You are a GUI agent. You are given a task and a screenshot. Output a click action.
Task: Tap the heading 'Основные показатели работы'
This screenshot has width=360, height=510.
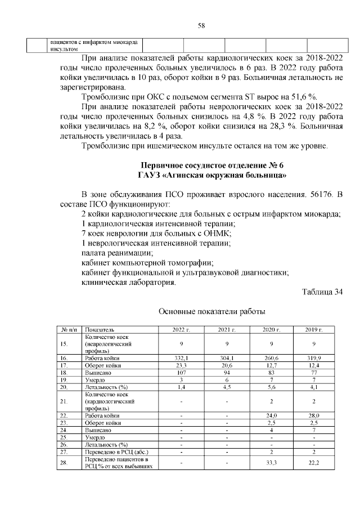click(x=211, y=311)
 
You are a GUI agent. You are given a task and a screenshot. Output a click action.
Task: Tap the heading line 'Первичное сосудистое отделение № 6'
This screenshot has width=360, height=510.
click(x=213, y=165)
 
